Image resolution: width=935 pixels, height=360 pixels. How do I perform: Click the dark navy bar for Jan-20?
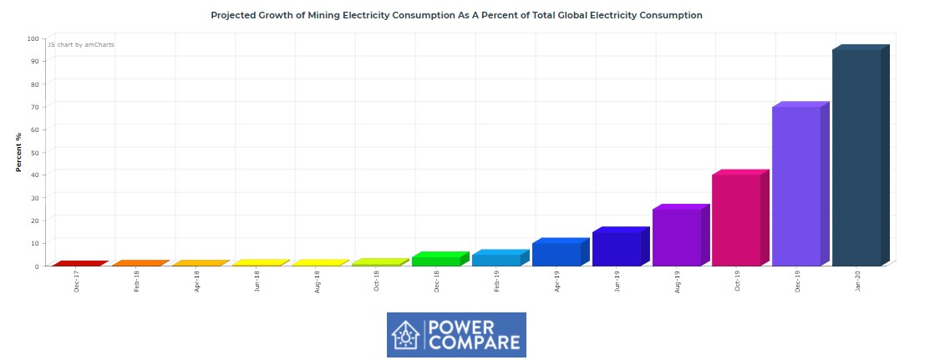pyautogui.click(x=856, y=158)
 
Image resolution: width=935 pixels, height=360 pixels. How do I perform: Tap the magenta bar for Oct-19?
pyautogui.click(x=736, y=221)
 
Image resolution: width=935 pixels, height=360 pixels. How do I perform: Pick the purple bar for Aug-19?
pyautogui.click(x=676, y=237)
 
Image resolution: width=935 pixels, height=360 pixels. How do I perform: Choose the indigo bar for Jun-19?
pyautogui.click(x=616, y=248)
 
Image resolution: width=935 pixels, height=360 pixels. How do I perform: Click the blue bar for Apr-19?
pyautogui.click(x=556, y=254)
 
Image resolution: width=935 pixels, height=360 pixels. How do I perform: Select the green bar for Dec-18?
pyautogui.click(x=435, y=261)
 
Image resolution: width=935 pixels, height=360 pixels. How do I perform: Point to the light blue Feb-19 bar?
pyautogui.click(x=495, y=260)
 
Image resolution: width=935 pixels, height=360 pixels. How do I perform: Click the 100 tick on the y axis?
pyautogui.click(x=33, y=38)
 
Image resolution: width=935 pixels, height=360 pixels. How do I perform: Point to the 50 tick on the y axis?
pyautogui.click(x=34, y=152)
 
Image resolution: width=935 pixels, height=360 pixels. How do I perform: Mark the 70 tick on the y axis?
pyautogui.click(x=34, y=107)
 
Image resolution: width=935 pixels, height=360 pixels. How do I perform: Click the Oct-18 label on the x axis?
pyautogui.click(x=377, y=281)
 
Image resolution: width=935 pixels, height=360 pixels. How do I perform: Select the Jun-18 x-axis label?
pyautogui.click(x=257, y=281)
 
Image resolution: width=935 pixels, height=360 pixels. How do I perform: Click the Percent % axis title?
pyautogui.click(x=18, y=152)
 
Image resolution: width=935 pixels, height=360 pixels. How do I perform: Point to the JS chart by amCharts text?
pyautogui.click(x=81, y=44)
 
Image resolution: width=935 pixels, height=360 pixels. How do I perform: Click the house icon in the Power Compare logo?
pyautogui.click(x=407, y=335)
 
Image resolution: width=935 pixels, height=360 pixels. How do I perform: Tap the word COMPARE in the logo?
pyautogui.click(x=475, y=342)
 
